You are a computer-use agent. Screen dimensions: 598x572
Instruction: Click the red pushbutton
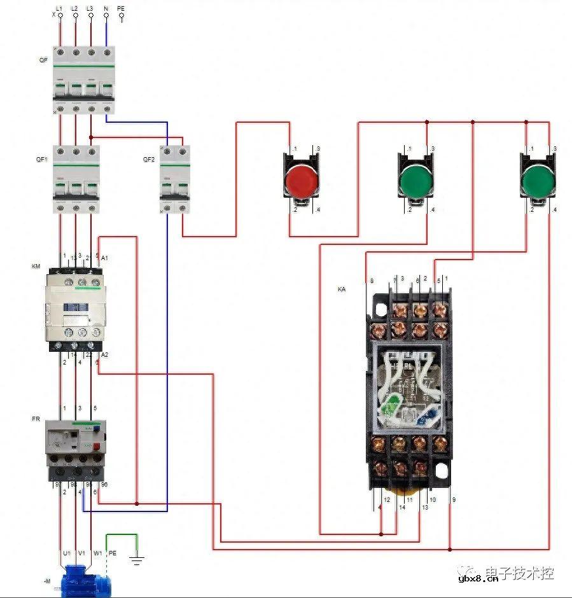tap(300, 180)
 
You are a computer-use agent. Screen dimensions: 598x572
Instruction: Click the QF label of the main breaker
tap(42, 60)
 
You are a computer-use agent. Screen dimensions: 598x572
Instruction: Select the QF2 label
tap(149, 160)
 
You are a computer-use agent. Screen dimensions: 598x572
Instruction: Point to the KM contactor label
tap(36, 266)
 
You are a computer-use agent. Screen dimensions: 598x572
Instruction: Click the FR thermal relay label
tap(36, 419)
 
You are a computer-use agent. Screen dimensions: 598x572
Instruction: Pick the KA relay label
tap(342, 289)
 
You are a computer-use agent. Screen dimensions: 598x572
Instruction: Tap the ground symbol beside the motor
tap(136, 560)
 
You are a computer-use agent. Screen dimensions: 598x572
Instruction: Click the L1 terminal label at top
tap(59, 8)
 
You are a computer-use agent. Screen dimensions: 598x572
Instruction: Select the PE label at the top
tap(121, 8)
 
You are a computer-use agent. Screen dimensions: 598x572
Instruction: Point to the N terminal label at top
tap(106, 8)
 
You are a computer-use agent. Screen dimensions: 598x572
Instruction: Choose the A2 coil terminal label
tap(105, 354)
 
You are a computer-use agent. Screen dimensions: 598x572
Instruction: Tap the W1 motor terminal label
tap(97, 553)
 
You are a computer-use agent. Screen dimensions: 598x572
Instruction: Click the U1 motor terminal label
tap(65, 553)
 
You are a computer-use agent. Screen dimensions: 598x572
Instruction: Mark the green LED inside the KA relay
tap(392, 403)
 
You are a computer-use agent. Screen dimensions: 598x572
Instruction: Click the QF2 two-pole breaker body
tap(175, 179)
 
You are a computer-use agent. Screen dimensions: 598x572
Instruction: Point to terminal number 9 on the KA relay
tap(454, 500)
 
